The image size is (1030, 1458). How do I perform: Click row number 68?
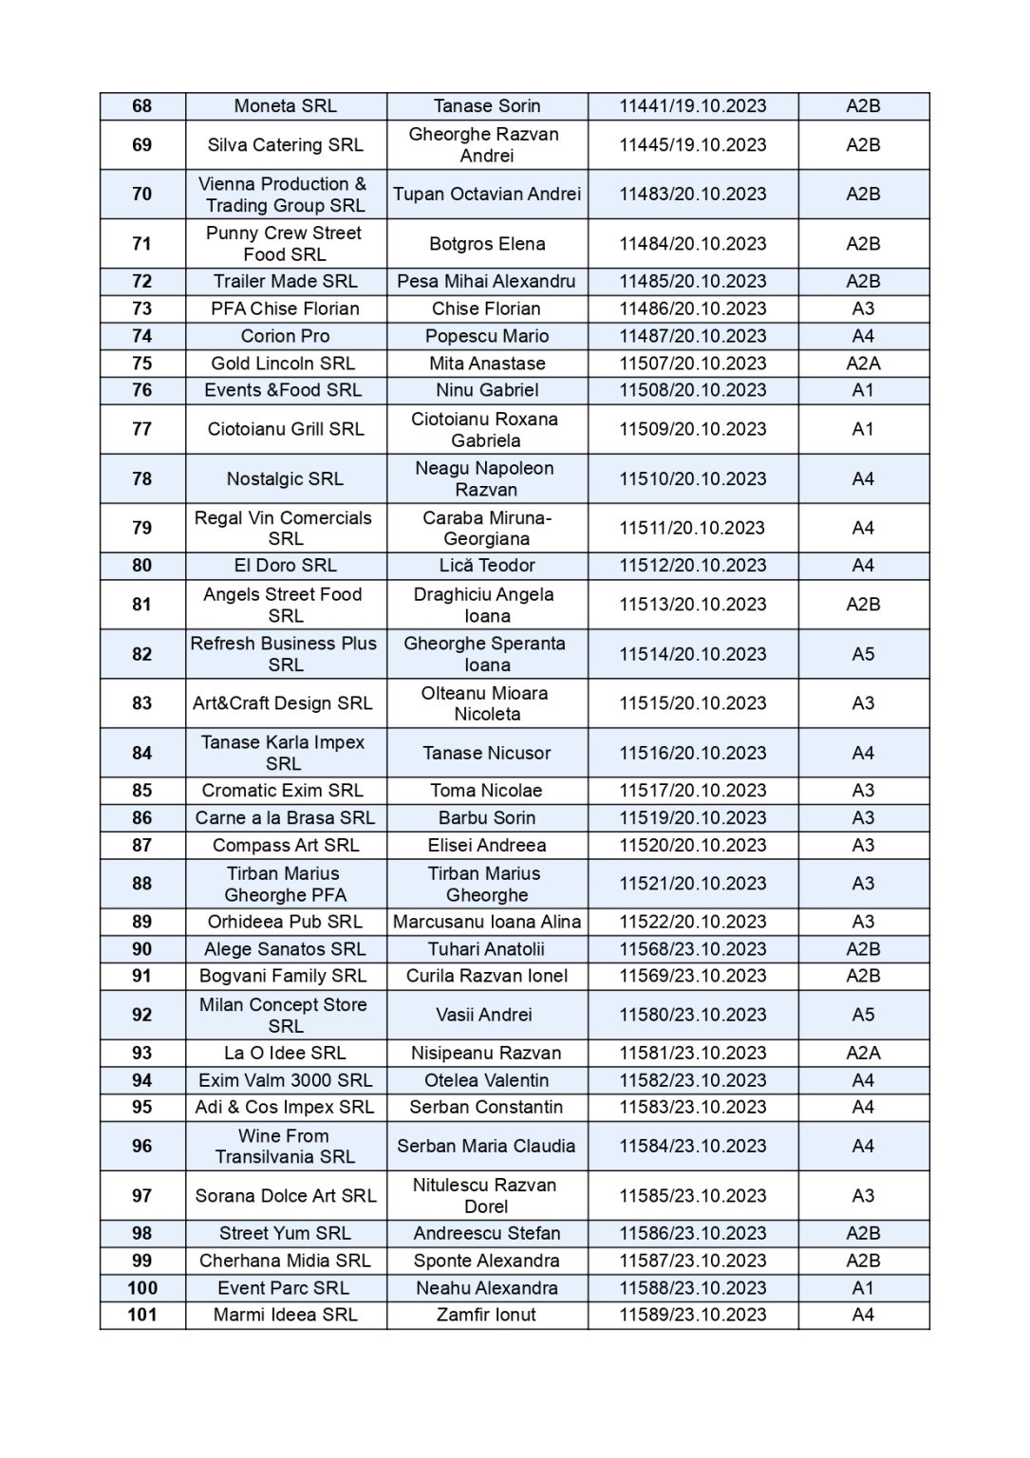tap(142, 106)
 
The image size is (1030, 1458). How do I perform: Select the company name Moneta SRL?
tap(286, 106)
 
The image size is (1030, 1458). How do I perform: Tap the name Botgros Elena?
tap(487, 244)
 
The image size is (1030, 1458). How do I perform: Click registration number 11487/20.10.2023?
tap(693, 336)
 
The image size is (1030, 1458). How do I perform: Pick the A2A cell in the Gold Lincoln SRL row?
tap(863, 364)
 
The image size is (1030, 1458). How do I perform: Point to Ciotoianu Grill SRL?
tap(286, 429)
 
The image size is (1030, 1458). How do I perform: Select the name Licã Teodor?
tap(487, 566)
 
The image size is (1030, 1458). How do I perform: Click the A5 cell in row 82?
tap(863, 654)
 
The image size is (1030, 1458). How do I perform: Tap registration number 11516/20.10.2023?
tap(693, 753)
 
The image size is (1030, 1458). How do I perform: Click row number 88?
tap(142, 884)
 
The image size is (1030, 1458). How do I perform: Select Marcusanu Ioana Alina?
tap(487, 922)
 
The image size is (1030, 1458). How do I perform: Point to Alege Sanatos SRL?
tap(285, 949)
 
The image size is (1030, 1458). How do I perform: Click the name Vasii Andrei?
tap(484, 1015)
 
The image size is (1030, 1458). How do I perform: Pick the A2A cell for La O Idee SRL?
tap(863, 1053)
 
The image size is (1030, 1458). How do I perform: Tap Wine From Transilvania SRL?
tap(285, 1146)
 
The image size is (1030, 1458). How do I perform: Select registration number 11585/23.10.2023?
tap(693, 1196)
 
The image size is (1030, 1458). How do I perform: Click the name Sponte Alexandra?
tap(487, 1261)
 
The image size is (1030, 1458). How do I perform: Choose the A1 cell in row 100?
tap(863, 1288)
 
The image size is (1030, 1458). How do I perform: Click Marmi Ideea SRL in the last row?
tap(286, 1315)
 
